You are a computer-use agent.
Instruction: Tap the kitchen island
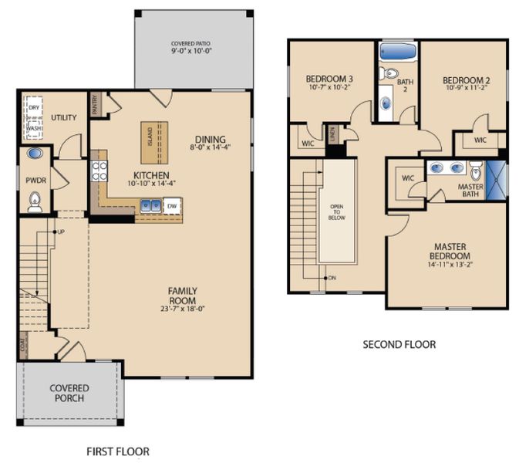click(x=151, y=142)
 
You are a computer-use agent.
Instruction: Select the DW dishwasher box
click(x=172, y=206)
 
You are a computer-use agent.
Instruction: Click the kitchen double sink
click(x=150, y=206)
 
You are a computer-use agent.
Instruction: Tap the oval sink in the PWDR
click(x=34, y=154)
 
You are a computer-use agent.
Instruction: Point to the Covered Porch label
click(x=69, y=393)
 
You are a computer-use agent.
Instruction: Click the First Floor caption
click(x=118, y=451)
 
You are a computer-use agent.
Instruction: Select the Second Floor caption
click(x=399, y=344)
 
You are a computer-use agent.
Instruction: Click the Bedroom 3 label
click(x=329, y=79)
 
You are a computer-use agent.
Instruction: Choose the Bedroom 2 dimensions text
click(x=466, y=89)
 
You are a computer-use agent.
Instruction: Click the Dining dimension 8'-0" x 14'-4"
click(x=210, y=147)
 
